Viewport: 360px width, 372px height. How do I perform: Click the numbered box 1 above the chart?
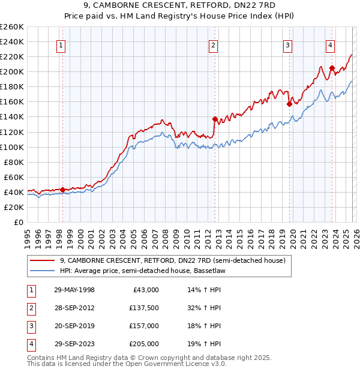click(x=62, y=44)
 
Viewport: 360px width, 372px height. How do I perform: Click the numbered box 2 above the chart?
click(x=213, y=44)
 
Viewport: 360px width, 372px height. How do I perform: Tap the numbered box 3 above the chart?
click(x=288, y=44)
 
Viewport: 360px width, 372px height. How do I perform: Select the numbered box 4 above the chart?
click(x=331, y=44)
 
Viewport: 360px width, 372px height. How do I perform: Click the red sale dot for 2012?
click(x=214, y=119)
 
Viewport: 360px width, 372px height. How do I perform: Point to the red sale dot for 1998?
click(x=62, y=190)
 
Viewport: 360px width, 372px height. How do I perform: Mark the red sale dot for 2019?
click(x=289, y=104)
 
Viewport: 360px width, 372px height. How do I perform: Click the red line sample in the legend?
click(x=43, y=261)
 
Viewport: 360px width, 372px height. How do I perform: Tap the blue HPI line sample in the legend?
click(x=43, y=271)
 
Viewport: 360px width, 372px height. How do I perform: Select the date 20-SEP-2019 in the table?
click(x=74, y=326)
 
